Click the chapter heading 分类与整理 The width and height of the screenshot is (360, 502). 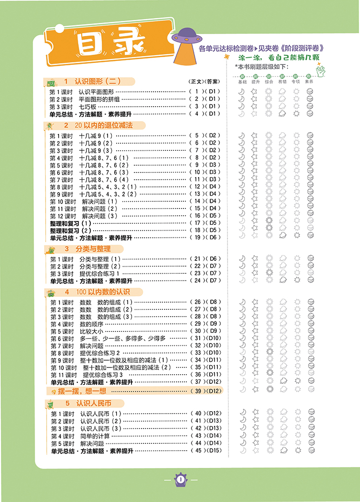point(93,249)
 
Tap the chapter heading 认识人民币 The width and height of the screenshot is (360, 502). point(94,403)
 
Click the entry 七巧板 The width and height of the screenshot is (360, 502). point(88,106)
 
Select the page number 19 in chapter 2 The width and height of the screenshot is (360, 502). point(197,237)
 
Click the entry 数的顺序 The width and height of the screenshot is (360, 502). point(91,324)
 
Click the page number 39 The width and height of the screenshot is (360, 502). point(197,391)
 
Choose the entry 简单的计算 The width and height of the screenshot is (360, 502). point(95,436)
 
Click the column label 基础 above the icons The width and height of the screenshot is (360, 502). point(242,82)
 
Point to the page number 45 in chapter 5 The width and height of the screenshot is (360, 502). point(197,450)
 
